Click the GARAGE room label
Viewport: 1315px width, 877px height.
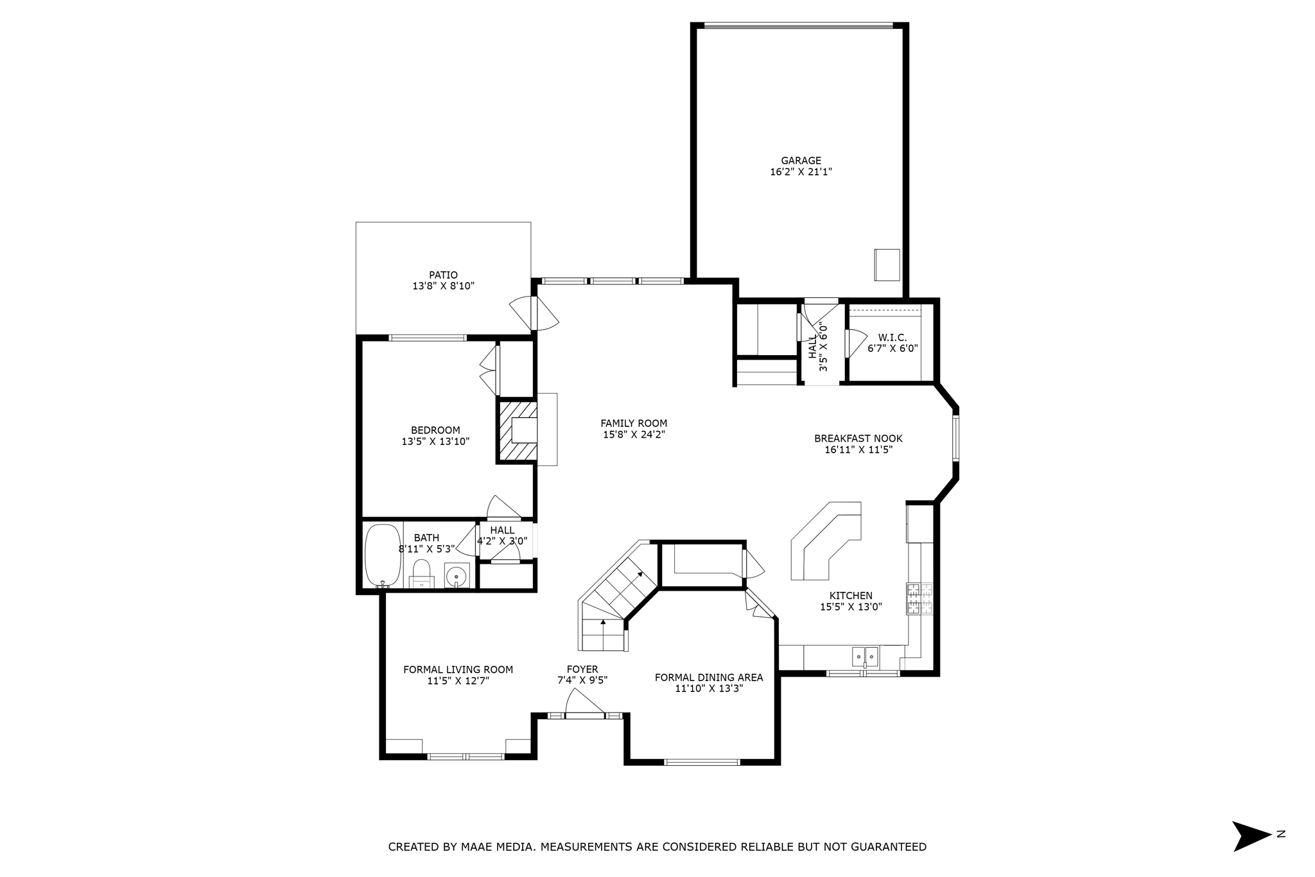pos(801,161)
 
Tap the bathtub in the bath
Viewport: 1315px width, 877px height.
pos(383,555)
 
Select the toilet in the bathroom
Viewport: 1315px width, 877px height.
pos(421,573)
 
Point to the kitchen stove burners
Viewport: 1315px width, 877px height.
pos(919,598)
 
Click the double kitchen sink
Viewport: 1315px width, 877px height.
pos(866,657)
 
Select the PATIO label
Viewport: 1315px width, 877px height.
pos(443,275)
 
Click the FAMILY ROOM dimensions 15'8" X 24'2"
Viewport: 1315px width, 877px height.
pos(634,435)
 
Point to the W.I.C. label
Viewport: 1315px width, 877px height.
pos(893,338)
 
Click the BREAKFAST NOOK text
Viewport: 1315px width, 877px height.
pos(858,438)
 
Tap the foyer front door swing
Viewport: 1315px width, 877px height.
pos(584,702)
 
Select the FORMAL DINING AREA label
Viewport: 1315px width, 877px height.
pos(709,677)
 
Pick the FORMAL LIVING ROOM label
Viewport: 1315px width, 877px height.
pos(458,670)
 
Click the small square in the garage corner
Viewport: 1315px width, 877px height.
pos(887,265)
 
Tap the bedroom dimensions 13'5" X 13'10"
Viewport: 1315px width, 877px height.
pos(435,442)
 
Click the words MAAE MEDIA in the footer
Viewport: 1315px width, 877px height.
pos(497,847)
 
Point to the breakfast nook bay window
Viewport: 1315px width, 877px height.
pos(956,438)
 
